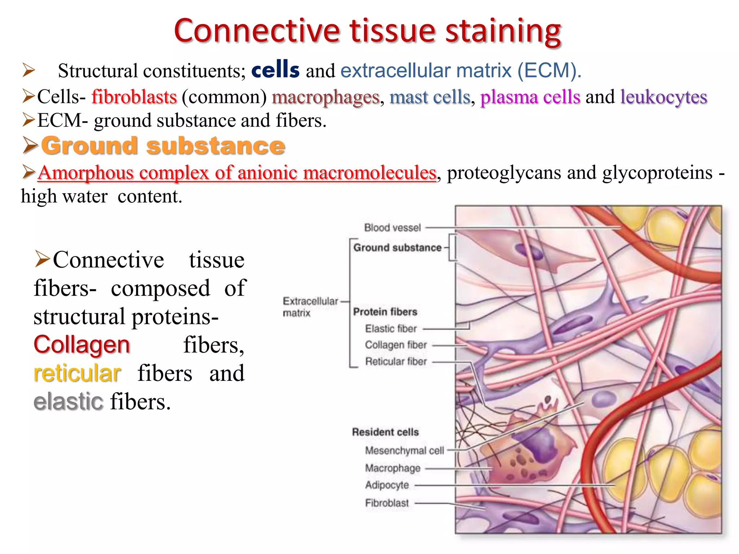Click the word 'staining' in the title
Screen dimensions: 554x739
click(x=503, y=31)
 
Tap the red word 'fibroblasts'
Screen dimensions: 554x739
click(x=134, y=97)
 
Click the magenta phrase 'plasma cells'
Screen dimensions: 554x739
click(x=530, y=97)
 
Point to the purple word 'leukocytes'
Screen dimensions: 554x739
click(x=664, y=97)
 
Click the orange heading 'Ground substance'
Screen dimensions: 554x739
click(x=163, y=146)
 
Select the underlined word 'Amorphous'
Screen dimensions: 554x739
click(x=86, y=173)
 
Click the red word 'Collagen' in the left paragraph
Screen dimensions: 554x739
click(x=82, y=345)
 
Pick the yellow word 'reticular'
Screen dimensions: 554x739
click(x=77, y=373)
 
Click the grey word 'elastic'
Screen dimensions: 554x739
click(x=68, y=402)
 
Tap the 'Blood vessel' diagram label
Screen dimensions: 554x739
click(x=392, y=228)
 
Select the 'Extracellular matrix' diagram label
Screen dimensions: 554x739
click(x=310, y=307)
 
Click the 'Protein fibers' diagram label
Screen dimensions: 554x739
click(x=385, y=312)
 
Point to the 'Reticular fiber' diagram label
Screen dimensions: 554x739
click(x=396, y=361)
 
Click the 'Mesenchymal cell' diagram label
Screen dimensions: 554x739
click(x=404, y=450)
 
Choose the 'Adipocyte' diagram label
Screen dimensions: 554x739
click(x=387, y=485)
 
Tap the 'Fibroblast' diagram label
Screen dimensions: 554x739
click(x=387, y=503)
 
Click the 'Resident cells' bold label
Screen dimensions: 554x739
click(x=385, y=432)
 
